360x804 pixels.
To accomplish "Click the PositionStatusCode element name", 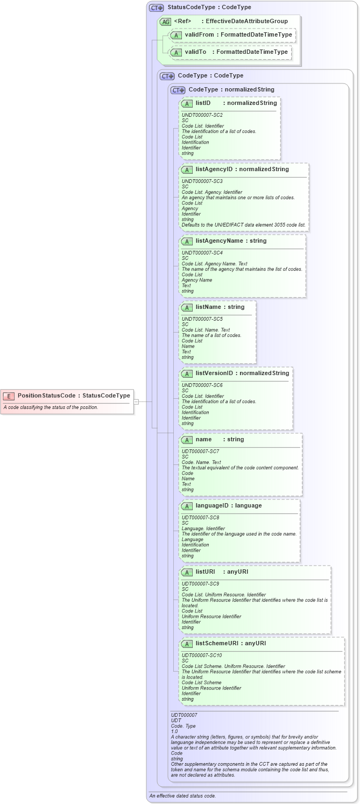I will click(x=46, y=396).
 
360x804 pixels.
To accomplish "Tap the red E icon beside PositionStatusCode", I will click(x=9, y=396).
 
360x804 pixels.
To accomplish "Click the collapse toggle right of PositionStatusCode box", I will click(x=137, y=401).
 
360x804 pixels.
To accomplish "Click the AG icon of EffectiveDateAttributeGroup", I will click(x=165, y=22).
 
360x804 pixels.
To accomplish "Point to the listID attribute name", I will click(x=203, y=103).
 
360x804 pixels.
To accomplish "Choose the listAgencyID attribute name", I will click(x=214, y=169).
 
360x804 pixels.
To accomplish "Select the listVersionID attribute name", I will click(x=214, y=373).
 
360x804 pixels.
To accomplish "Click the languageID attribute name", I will click(x=213, y=505).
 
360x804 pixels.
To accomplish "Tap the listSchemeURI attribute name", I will click(x=217, y=643).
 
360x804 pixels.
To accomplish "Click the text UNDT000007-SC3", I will click(x=202, y=181).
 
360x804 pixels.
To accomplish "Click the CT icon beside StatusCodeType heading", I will click(x=156, y=8).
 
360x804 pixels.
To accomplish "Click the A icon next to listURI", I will click(x=187, y=572).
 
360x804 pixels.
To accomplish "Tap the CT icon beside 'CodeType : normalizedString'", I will click(x=178, y=90).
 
